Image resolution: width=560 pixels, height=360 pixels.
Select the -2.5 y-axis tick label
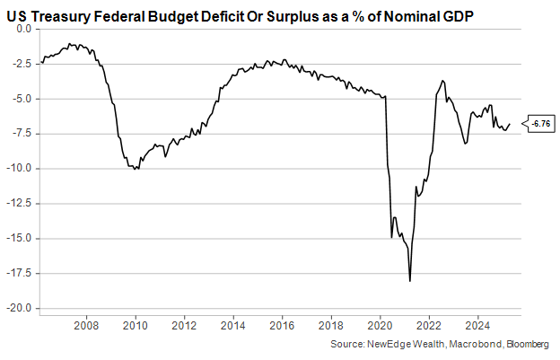pos(22,63)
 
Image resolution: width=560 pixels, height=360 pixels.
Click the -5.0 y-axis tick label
pos(22,99)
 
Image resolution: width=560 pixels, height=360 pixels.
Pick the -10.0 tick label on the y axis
pos(20,169)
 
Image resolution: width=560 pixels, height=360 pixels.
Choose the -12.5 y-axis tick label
pos(20,204)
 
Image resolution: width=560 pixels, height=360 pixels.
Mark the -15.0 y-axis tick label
pos(20,239)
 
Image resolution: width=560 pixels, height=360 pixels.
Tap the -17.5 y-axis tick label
pos(20,274)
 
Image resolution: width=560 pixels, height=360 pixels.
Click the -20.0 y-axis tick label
pos(20,309)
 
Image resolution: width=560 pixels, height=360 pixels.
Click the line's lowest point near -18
pos(410,281)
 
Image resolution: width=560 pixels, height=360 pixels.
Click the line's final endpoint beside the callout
pos(510,124)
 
